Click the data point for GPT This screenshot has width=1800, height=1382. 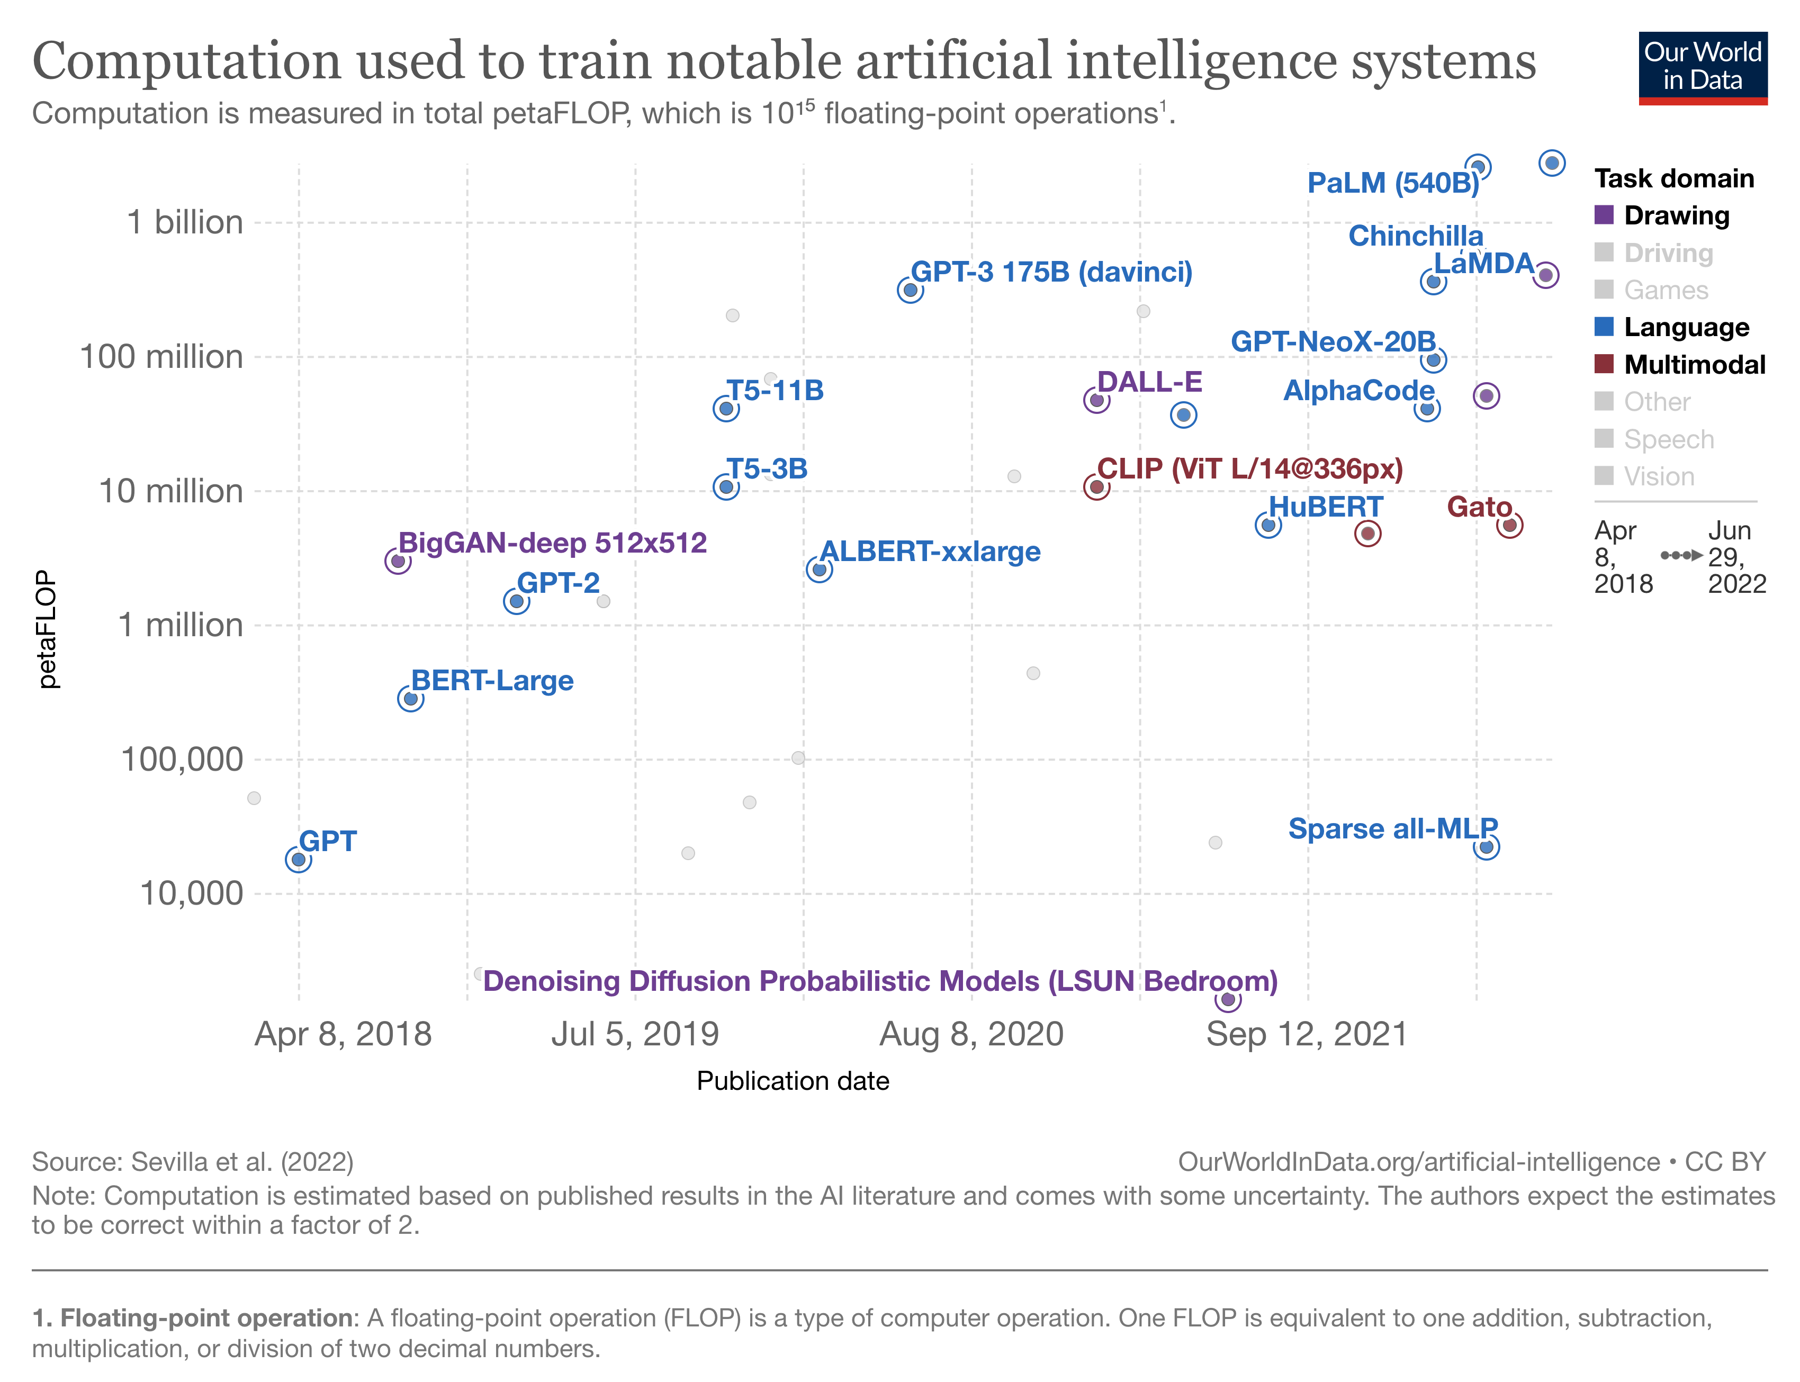pos(298,860)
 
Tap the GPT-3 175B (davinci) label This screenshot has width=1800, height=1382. pos(1051,272)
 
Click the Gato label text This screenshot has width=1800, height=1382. pos(1479,507)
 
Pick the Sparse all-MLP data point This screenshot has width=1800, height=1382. pos(1486,846)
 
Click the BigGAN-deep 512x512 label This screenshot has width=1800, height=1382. pos(552,543)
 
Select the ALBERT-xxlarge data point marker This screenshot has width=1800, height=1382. pos(818,569)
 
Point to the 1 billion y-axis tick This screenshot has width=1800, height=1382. pos(185,222)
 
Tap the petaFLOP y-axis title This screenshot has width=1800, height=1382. pos(48,629)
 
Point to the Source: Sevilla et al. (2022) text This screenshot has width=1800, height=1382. pos(193,1161)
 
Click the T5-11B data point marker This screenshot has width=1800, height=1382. pos(726,409)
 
